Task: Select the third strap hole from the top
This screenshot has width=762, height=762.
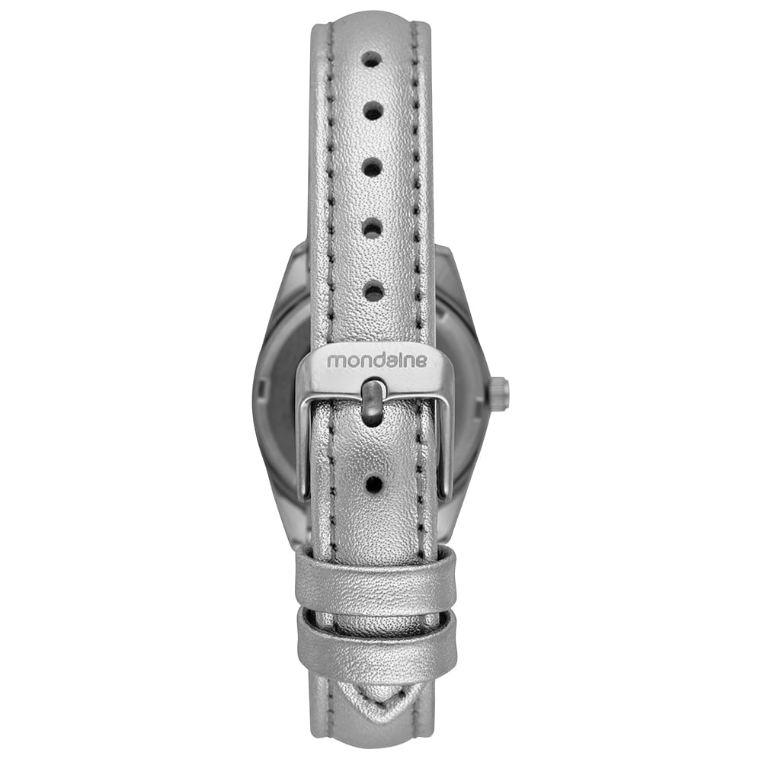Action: tap(373, 168)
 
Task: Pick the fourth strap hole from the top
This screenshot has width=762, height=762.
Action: tap(373, 227)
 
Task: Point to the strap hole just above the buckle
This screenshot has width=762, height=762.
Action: tap(373, 292)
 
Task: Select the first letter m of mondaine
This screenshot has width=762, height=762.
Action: tap(335, 362)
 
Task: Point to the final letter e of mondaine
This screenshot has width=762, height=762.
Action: tap(422, 361)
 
